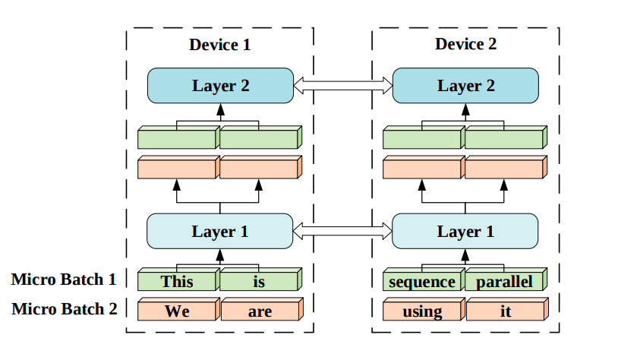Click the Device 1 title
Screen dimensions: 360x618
(x=219, y=45)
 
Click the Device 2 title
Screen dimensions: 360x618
(x=465, y=45)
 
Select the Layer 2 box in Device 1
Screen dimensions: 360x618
(x=220, y=85)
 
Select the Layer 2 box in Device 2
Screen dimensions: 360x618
(x=465, y=85)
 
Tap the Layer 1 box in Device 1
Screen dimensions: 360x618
(x=220, y=231)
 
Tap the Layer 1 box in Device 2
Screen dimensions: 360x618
(x=465, y=231)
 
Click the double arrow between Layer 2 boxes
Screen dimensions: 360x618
(x=342, y=85)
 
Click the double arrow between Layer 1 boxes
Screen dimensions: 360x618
(x=342, y=231)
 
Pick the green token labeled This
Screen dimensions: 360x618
(x=178, y=282)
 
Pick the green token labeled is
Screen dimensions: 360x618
(x=260, y=282)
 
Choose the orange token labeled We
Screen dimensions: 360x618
(x=178, y=311)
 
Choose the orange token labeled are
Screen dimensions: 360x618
(x=260, y=311)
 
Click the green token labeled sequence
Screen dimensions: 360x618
(x=422, y=282)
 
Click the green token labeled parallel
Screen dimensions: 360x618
(x=504, y=282)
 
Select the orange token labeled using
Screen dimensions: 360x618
(x=422, y=311)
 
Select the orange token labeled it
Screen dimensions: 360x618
(x=504, y=311)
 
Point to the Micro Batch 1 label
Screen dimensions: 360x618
(x=64, y=279)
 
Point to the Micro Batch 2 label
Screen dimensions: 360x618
(x=64, y=309)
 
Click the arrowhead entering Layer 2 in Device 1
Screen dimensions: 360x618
(x=220, y=109)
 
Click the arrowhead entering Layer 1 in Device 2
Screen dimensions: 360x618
(x=465, y=254)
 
